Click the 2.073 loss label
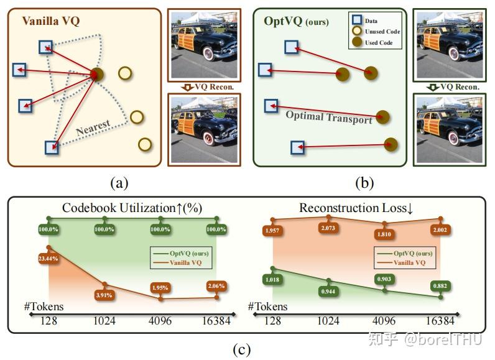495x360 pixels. click(x=329, y=229)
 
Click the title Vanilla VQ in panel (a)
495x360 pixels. click(x=52, y=21)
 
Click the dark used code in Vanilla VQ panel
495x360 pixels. click(x=96, y=75)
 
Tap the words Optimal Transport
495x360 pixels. click(x=328, y=117)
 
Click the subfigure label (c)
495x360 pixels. click(x=241, y=349)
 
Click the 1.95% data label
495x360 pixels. click(x=160, y=288)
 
